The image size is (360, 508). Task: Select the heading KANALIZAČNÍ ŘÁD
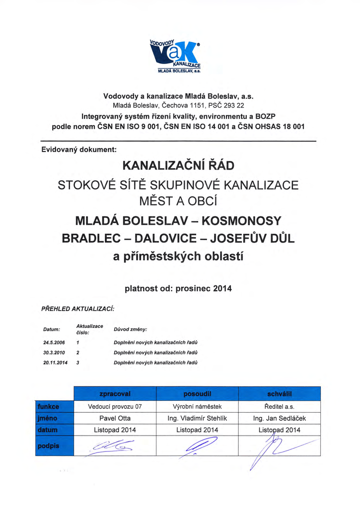tap(178, 165)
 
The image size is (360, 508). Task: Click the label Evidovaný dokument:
tap(78, 148)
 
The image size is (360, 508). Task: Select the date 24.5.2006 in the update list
tap(55, 342)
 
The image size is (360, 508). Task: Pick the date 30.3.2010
tap(55, 353)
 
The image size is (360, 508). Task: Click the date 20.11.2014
tap(56, 363)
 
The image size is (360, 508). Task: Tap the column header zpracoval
tap(115, 393)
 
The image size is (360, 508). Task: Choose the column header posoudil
tap(197, 393)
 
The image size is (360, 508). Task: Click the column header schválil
tap(280, 393)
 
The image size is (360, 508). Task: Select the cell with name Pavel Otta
tap(115, 418)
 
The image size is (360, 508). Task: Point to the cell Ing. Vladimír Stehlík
tap(197, 418)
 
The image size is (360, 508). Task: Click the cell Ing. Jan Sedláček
tap(280, 418)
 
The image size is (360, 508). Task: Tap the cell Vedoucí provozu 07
tap(115, 406)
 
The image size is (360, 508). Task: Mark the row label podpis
tap(48, 445)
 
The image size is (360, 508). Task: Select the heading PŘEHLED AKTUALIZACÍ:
tap(77, 309)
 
